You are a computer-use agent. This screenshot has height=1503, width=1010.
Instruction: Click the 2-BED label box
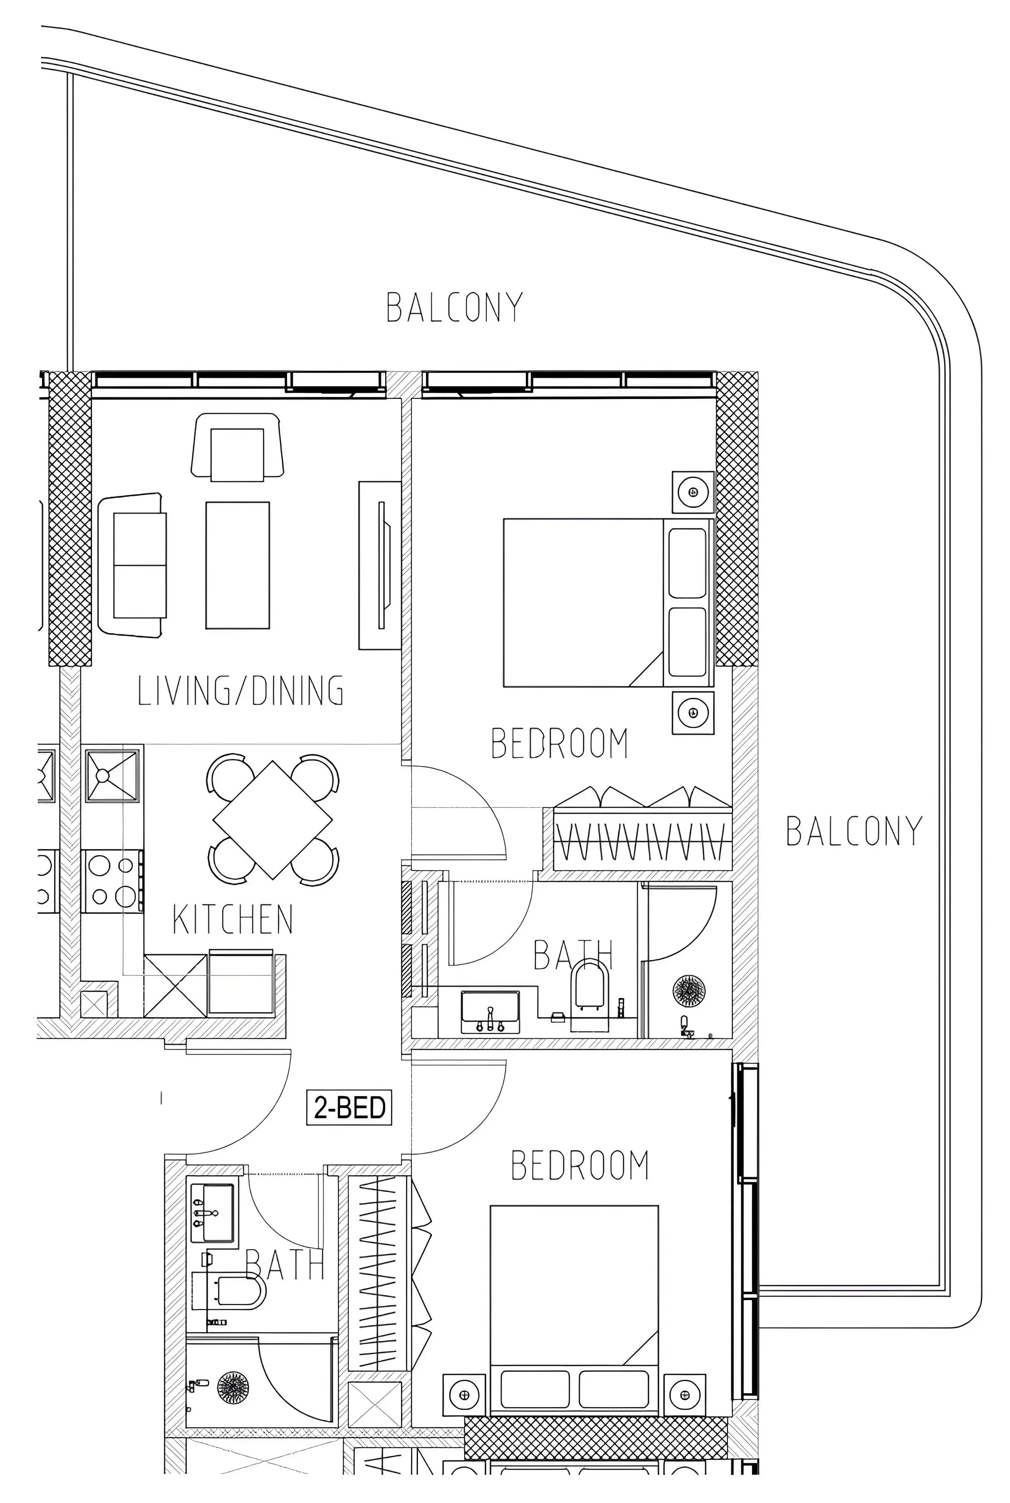(x=349, y=1107)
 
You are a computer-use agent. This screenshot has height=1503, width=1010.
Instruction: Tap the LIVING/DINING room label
(x=241, y=690)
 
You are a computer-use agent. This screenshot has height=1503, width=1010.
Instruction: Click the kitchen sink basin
(x=113, y=775)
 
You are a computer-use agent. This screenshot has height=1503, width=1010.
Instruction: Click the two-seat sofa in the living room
(x=131, y=565)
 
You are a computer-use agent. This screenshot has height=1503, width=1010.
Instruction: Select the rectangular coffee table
(x=238, y=565)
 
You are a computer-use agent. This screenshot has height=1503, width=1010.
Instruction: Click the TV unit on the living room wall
(x=380, y=565)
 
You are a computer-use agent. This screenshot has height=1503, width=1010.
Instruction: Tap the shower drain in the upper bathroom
(x=688, y=991)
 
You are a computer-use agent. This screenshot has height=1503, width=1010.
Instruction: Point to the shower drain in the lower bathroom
(x=233, y=1387)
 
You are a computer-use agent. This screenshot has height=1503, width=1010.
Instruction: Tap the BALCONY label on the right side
(x=854, y=831)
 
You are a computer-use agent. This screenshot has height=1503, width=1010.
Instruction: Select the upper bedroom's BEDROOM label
(x=559, y=743)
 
